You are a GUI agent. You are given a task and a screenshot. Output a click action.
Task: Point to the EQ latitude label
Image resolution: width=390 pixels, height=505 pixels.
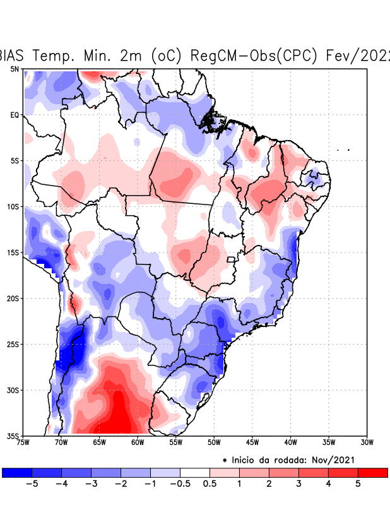point(15,115)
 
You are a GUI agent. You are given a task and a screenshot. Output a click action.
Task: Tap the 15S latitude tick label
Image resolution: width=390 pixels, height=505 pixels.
point(13,252)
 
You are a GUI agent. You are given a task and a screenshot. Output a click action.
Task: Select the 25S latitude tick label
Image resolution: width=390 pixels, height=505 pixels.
point(13,345)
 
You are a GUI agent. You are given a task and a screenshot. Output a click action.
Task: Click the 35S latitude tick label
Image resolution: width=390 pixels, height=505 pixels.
point(13,436)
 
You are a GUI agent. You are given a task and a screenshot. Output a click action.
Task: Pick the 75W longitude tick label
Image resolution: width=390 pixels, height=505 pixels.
point(23,443)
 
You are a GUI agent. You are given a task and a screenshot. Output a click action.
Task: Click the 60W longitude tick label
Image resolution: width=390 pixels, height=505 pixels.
point(138,443)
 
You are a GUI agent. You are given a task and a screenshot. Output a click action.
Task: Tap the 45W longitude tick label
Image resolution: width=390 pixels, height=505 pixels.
point(252,443)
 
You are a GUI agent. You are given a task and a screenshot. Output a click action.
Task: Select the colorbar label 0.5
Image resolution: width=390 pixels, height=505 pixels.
point(210,484)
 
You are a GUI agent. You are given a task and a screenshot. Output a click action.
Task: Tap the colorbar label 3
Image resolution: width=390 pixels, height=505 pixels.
point(298,484)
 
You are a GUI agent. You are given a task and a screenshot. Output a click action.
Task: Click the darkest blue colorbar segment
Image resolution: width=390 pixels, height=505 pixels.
point(17,473)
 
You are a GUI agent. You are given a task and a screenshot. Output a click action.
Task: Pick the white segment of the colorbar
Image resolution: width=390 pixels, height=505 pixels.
point(195,473)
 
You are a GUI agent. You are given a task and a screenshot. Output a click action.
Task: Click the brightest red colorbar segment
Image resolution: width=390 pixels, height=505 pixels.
point(372,473)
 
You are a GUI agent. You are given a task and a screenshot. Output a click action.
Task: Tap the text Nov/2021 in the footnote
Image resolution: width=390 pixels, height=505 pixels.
point(343,460)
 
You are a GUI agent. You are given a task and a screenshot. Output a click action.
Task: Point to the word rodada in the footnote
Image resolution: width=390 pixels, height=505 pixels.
point(294,460)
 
